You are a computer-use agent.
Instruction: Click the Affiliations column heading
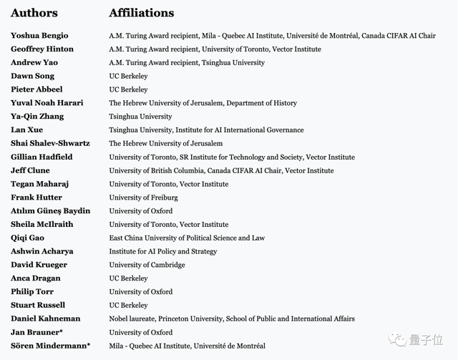coord(141,13)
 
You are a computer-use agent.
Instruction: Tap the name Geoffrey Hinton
coord(42,49)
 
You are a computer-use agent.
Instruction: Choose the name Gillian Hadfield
coord(41,157)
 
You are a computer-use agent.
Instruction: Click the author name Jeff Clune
coord(30,170)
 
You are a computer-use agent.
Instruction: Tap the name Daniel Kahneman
coord(45,318)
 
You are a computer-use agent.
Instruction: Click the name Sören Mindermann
coord(48,346)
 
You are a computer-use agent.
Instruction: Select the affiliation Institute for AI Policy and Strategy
coord(162,251)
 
